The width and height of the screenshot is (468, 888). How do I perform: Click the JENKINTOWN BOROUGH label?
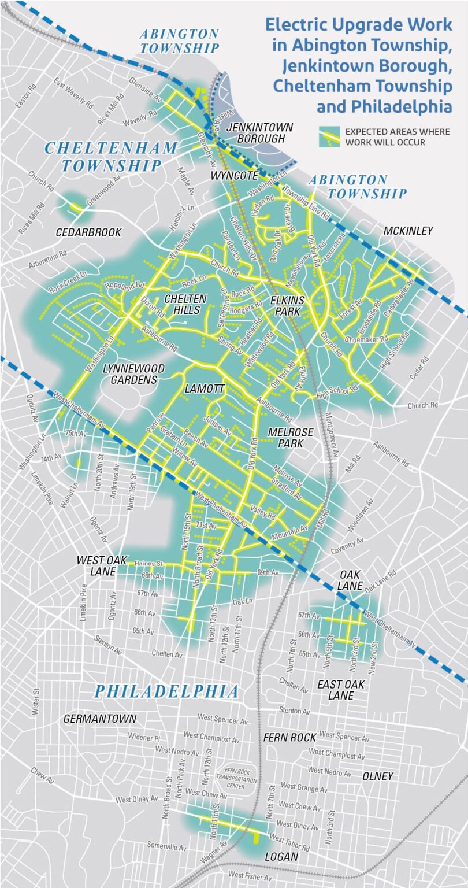pos(259,132)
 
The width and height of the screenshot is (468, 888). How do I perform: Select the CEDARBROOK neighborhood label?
pos(88,232)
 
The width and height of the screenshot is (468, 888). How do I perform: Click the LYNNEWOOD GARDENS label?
pos(133,374)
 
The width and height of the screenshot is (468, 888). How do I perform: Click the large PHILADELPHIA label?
pos(166,691)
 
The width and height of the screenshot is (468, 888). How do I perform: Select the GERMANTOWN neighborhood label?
pos(100,719)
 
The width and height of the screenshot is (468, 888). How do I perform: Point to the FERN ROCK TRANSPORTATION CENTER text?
pos(236,778)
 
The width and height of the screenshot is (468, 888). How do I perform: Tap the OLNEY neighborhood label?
pos(378,776)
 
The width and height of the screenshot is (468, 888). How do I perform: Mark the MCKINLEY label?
pos(408,231)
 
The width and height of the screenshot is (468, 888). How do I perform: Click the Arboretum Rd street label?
pos(48,261)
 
